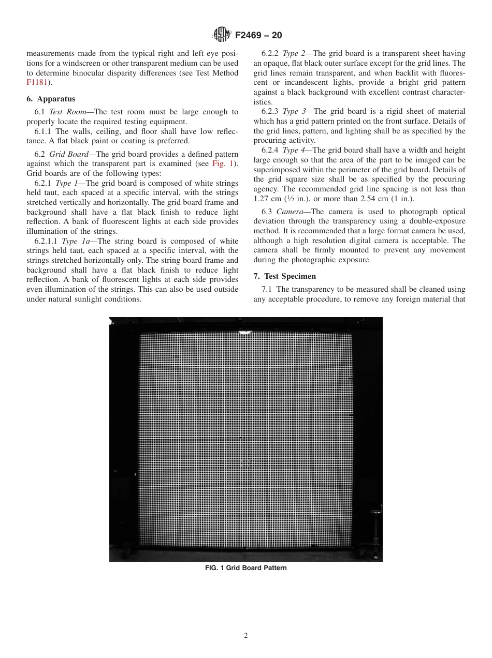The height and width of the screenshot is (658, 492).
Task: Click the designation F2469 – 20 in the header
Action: point(258,36)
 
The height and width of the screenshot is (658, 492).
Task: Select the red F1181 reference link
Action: point(37,82)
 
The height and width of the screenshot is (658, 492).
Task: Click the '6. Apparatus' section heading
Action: point(51,99)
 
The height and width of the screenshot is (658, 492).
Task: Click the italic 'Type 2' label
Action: point(294,53)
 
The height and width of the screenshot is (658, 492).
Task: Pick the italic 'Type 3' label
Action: point(294,112)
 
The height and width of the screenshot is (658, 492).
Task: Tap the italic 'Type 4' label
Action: point(294,150)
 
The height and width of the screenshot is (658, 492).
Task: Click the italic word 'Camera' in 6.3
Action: point(288,212)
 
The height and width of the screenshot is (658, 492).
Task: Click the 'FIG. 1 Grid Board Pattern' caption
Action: point(245,568)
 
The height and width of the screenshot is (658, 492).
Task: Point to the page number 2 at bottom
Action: point(246,636)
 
